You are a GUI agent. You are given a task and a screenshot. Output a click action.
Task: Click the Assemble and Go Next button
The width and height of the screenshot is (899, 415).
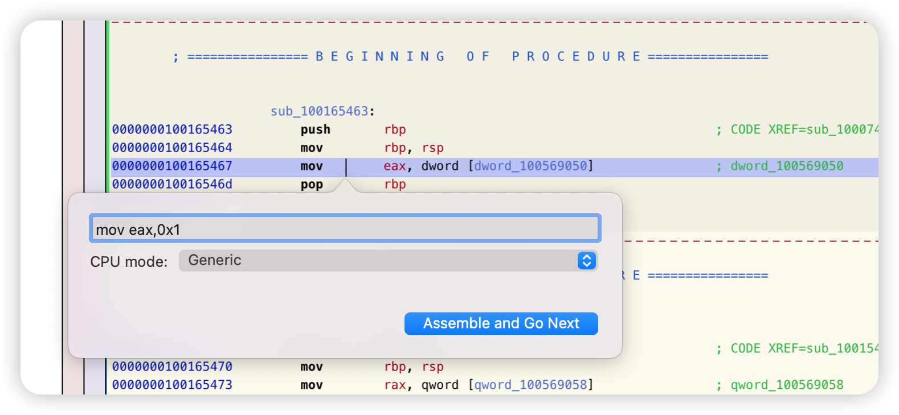coord(501,323)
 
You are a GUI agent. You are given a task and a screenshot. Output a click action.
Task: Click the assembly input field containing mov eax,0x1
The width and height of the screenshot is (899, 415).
coord(345,228)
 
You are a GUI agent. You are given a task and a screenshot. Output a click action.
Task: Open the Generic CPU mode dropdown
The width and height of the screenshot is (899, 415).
coord(388,261)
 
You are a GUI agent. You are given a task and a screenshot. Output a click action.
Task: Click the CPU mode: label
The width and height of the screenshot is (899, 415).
coord(129,262)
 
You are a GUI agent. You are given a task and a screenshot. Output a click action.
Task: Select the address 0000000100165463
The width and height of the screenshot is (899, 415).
coord(172,129)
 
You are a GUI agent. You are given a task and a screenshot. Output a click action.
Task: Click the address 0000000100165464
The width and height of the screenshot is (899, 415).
coord(172,148)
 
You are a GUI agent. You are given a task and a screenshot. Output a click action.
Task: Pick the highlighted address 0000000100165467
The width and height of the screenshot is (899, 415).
coord(172,166)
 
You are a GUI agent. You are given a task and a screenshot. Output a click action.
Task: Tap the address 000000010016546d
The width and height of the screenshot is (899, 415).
coord(172,184)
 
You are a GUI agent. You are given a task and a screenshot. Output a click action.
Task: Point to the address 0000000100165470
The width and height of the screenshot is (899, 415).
coord(172,367)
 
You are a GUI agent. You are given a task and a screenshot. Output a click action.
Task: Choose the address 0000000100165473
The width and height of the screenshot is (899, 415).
coord(172,384)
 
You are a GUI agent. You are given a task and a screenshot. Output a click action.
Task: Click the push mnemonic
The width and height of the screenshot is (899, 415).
coord(316,130)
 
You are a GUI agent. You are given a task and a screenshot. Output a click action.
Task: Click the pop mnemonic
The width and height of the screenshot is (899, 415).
coord(312,185)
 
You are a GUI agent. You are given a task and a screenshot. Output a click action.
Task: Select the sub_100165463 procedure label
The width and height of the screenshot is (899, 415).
coord(320,111)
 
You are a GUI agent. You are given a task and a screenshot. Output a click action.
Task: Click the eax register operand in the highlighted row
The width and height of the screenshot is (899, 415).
coord(395,166)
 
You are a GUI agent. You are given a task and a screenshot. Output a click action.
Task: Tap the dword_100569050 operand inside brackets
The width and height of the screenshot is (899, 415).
coord(530,166)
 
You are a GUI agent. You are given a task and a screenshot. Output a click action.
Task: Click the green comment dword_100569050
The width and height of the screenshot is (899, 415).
coord(787,166)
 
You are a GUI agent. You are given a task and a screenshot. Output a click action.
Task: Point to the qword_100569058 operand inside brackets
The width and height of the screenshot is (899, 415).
coord(530,385)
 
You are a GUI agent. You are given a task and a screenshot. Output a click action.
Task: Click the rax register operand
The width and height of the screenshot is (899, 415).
coord(395,385)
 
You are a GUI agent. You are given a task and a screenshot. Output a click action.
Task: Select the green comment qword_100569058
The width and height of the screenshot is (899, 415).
coord(787,385)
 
